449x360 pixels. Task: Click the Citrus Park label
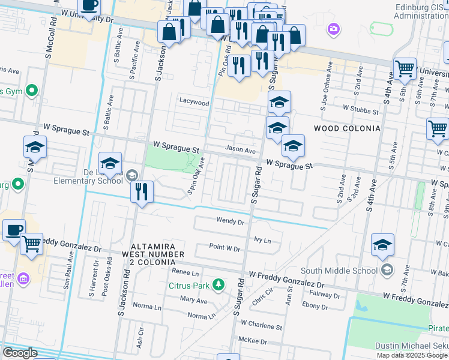[189, 284]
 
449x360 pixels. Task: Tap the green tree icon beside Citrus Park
[220, 284]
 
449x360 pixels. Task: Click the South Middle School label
[339, 271]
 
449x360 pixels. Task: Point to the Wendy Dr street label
[231, 221]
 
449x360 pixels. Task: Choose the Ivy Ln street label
[263, 240]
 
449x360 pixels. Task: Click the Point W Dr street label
[224, 248]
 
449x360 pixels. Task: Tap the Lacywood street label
[194, 103]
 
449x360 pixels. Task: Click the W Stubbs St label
[361, 110]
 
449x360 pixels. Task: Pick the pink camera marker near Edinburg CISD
[334, 28]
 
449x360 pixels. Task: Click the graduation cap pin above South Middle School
[382, 245]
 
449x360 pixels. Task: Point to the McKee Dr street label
[255, 341]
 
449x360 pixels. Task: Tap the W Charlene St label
[261, 327]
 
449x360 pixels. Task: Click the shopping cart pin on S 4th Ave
[405, 69]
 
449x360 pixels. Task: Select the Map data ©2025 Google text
[412, 355]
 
